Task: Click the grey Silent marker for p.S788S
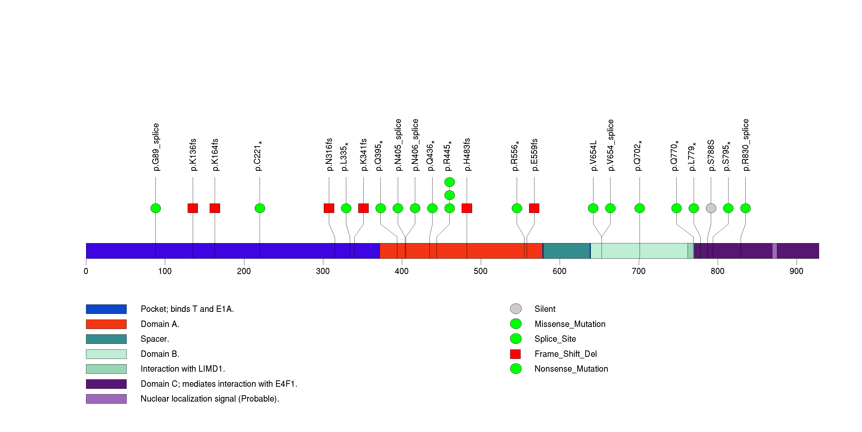tap(711, 208)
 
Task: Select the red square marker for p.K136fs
tap(193, 208)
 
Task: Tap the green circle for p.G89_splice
tap(155, 208)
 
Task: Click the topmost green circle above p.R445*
tap(449, 182)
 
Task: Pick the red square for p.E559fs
tap(534, 208)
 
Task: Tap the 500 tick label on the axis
tap(481, 271)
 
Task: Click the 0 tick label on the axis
tap(86, 271)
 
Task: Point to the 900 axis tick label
tap(796, 271)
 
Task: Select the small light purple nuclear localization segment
tap(775, 251)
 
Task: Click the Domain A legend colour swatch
tap(106, 324)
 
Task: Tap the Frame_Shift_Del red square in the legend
tap(515, 354)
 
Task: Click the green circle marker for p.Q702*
tap(639, 208)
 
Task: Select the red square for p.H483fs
tap(467, 208)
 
